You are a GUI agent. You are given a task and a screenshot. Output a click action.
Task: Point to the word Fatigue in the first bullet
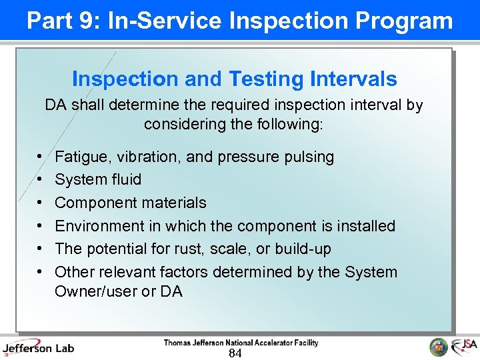(x=79, y=157)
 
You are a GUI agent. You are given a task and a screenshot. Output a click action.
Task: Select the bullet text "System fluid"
(x=98, y=179)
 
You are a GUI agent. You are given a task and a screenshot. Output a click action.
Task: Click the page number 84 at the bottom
(x=235, y=353)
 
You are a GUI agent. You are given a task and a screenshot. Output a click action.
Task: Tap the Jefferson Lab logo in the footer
(x=39, y=347)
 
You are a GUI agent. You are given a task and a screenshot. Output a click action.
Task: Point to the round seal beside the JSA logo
(x=439, y=347)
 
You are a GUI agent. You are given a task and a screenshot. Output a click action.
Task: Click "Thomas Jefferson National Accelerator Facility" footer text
(x=241, y=343)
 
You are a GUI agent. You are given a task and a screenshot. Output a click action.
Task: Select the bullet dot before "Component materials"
(x=42, y=203)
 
